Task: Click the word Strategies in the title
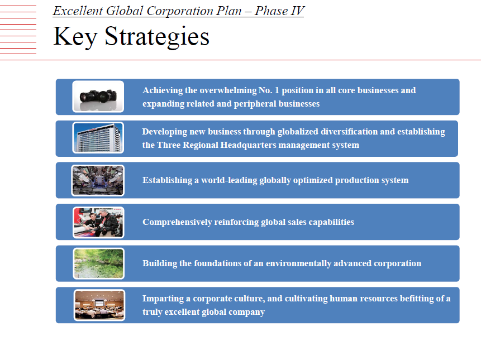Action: click(157, 37)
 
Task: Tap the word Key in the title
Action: click(75, 37)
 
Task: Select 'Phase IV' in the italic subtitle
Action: click(279, 11)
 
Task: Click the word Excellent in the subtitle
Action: click(78, 11)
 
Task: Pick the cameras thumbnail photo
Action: click(98, 97)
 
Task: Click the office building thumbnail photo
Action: click(98, 137)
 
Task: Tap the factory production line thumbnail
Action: click(98, 180)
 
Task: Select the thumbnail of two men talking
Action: click(98, 223)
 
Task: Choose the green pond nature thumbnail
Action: click(98, 263)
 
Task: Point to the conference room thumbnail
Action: click(99, 305)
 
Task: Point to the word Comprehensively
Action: click(177, 222)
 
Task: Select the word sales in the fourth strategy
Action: click(297, 222)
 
